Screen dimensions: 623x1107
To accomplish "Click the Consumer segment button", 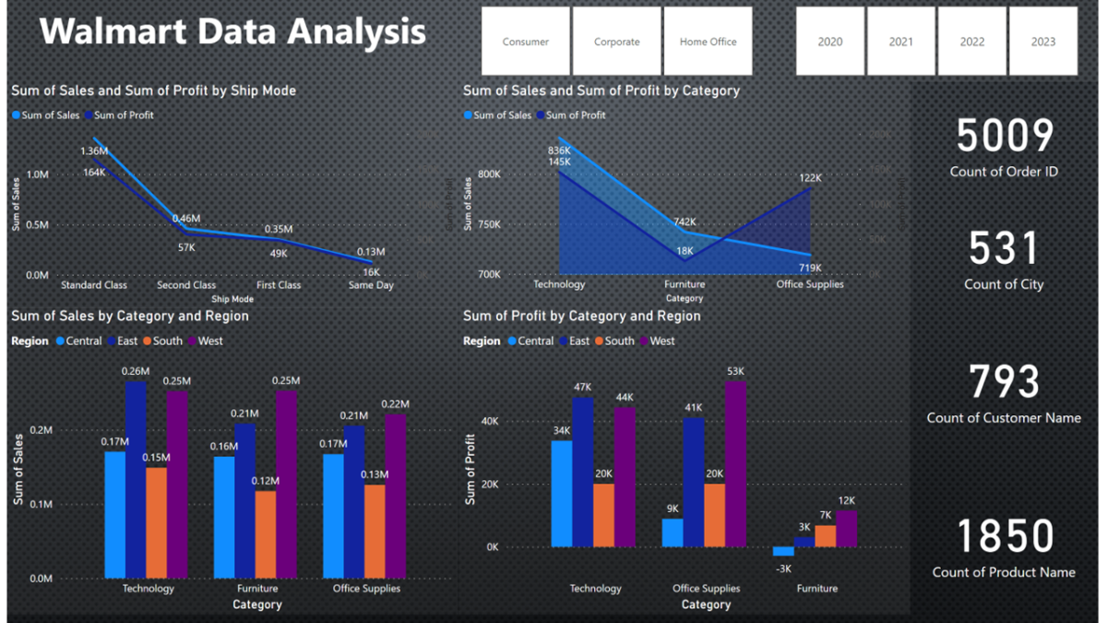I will click(525, 42).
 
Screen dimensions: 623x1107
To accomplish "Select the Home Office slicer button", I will click(708, 42).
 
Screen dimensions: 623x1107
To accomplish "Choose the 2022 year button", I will click(972, 42).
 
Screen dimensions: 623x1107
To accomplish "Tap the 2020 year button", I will click(830, 42).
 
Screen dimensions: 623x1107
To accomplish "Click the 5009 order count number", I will click(1005, 137).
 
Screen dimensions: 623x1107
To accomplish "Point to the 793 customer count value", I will click(1005, 382).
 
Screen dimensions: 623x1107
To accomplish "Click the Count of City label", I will click(1004, 284).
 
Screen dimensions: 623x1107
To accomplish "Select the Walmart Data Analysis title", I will click(232, 32).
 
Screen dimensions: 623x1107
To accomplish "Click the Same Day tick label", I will click(371, 285).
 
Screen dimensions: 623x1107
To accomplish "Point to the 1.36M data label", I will click(94, 150).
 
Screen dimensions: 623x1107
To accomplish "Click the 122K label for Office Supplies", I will click(810, 178).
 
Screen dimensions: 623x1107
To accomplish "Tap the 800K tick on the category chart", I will click(489, 174).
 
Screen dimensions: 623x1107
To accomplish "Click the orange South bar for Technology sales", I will click(157, 522).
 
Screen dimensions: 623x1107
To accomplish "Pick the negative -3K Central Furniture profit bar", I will click(783, 551).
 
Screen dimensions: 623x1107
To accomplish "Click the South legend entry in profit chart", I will click(613, 341).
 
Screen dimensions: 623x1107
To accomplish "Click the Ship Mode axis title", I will click(232, 299).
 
